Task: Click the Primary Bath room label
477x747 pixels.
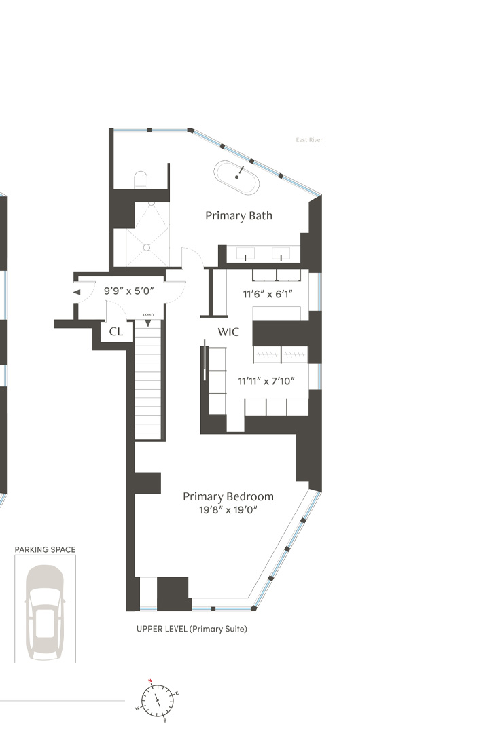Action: coord(238,216)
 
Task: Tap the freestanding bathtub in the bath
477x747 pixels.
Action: coord(237,177)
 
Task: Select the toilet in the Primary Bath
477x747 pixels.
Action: coord(141,179)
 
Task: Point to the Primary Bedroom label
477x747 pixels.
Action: coord(228,496)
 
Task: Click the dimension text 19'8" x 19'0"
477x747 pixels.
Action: coord(228,510)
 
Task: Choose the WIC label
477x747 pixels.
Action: coord(228,332)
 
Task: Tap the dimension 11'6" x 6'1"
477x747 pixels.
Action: coord(268,295)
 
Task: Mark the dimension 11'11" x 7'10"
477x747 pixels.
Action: coord(266,381)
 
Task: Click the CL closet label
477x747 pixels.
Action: coord(116,331)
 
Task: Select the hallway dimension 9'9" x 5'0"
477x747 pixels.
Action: coord(128,291)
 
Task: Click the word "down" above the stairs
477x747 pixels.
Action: coord(148,314)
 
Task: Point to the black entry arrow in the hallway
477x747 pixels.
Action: coord(77,293)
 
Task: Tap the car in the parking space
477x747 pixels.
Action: coord(46,612)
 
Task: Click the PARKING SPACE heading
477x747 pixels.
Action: coord(46,550)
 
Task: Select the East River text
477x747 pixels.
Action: coord(308,140)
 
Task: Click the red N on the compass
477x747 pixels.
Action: coord(149,680)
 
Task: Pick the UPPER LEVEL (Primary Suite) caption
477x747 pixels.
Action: coord(192,629)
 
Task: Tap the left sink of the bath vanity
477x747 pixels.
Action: coord(245,253)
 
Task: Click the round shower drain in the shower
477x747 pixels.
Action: coord(147,248)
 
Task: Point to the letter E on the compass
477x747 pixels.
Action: coord(177,693)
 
